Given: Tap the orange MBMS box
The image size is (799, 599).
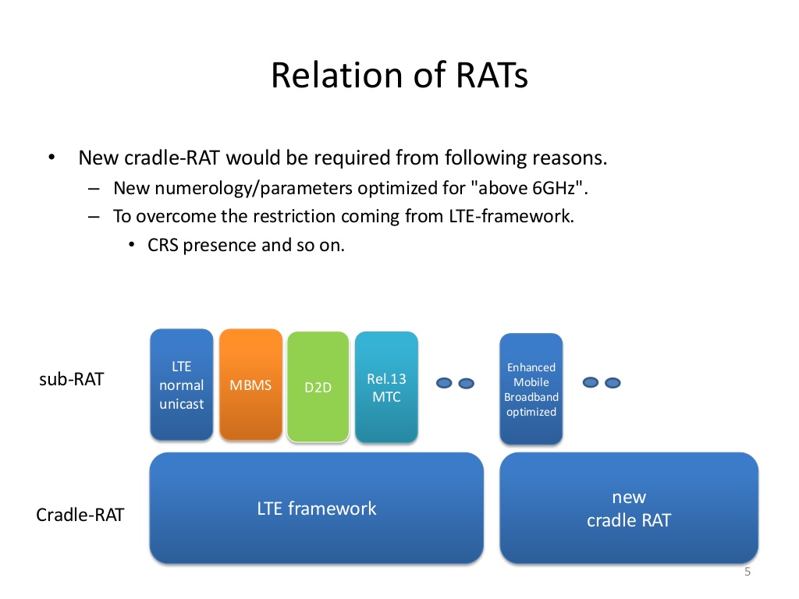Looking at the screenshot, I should coord(250,385).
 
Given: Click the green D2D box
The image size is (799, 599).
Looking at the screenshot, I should coord(318,388).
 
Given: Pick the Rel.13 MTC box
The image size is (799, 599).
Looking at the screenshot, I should coord(386,388).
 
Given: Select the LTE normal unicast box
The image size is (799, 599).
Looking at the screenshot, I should coord(181,385).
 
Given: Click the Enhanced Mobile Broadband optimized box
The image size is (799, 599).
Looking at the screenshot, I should coord(531,389).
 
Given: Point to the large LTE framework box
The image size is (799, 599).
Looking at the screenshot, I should coord(316,509).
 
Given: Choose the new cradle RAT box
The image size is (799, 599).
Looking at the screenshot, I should coord(628,509).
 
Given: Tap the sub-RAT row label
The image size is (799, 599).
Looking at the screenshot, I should coord(71,381).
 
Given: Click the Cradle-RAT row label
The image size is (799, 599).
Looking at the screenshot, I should coord(80,516).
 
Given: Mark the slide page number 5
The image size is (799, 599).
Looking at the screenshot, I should coord(747,572).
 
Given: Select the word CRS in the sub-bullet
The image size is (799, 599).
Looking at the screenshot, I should coord(163,245).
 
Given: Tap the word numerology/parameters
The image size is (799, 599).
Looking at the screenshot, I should coord(233,188).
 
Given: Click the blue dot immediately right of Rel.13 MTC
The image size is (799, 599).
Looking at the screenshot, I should coord(444,383).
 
